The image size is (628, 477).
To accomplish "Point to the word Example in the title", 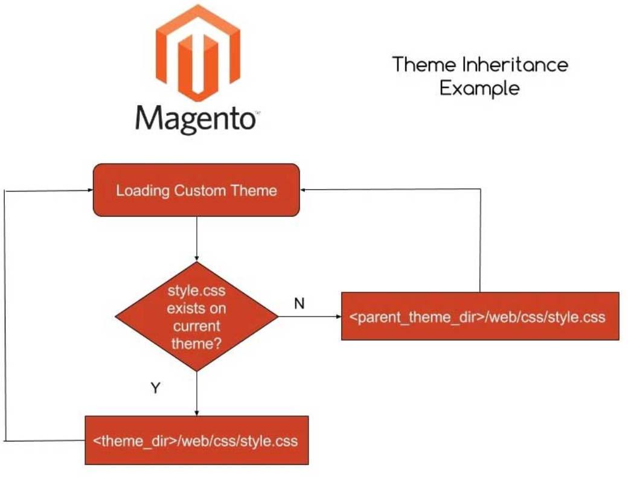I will (480, 88).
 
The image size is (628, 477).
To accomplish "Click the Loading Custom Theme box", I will (196, 190).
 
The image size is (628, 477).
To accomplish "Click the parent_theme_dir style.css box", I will (480, 316).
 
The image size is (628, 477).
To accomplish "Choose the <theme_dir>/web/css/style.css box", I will (196, 440).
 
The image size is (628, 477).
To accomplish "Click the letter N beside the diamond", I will (299, 304).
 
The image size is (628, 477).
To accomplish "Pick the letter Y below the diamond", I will (155, 388).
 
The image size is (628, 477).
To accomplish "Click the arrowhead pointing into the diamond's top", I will (197, 258).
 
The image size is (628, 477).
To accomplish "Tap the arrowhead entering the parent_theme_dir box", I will (338, 316).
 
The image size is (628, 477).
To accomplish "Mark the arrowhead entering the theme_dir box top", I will (197, 412).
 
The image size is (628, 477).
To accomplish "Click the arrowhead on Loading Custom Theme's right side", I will (304, 190).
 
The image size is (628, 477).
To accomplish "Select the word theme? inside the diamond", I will (196, 345).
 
